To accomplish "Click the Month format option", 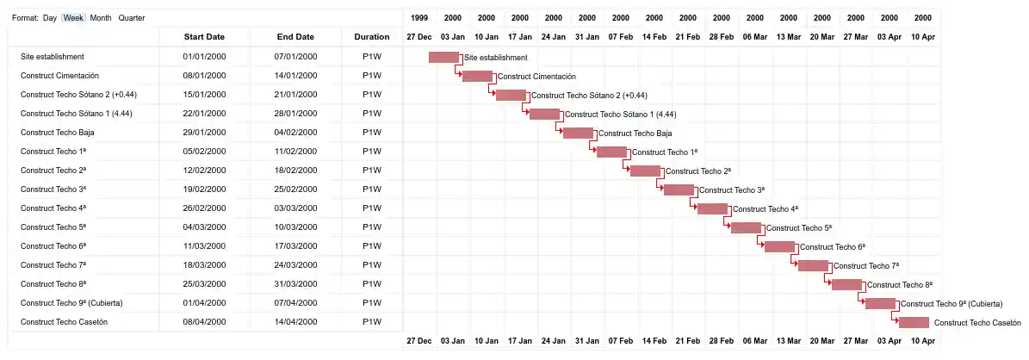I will pyautogui.click(x=101, y=18).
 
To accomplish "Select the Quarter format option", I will pyautogui.click(x=132, y=18).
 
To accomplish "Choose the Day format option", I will pyautogui.click(x=49, y=18).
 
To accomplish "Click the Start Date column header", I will pyautogui.click(x=204, y=37).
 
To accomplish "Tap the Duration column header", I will pyautogui.click(x=372, y=37).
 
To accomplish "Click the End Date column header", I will pyautogui.click(x=295, y=37).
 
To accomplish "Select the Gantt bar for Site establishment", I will pyautogui.click(x=443, y=57).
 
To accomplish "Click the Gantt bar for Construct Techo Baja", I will pyautogui.click(x=578, y=133).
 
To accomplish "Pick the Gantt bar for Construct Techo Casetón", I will pyautogui.click(x=914, y=322).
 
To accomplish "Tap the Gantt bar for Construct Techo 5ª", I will pyautogui.click(x=746, y=227).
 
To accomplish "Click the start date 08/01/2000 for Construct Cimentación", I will pyautogui.click(x=204, y=76).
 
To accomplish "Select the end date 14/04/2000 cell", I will pyautogui.click(x=295, y=322).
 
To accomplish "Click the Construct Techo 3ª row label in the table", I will pyautogui.click(x=53, y=189).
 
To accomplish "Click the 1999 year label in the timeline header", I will pyautogui.click(x=419, y=18).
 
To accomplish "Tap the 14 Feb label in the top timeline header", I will pyautogui.click(x=654, y=37).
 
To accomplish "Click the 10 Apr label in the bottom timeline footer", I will pyautogui.click(x=922, y=341).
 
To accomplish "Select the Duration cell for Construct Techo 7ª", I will pyautogui.click(x=372, y=265).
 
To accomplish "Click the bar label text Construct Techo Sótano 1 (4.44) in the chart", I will pyautogui.click(x=620, y=114).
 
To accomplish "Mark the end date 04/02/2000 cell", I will pyautogui.click(x=295, y=133).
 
